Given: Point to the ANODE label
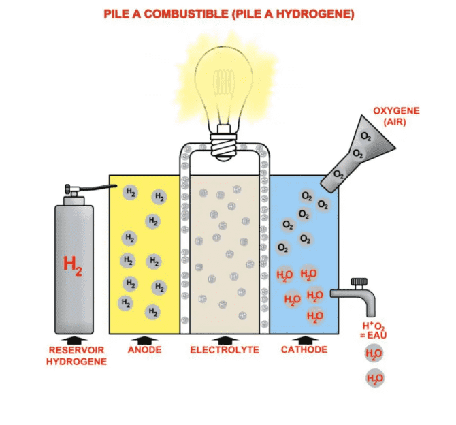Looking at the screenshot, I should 144,350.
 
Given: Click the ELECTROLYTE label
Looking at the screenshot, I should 224,350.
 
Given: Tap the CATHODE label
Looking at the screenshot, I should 304,350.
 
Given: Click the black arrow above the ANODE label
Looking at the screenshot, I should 144,339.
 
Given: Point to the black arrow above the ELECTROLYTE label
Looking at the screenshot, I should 224,339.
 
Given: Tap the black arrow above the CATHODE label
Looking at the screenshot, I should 304,339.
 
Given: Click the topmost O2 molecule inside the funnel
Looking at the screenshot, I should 366,136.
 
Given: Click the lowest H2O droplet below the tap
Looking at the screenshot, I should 374,378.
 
